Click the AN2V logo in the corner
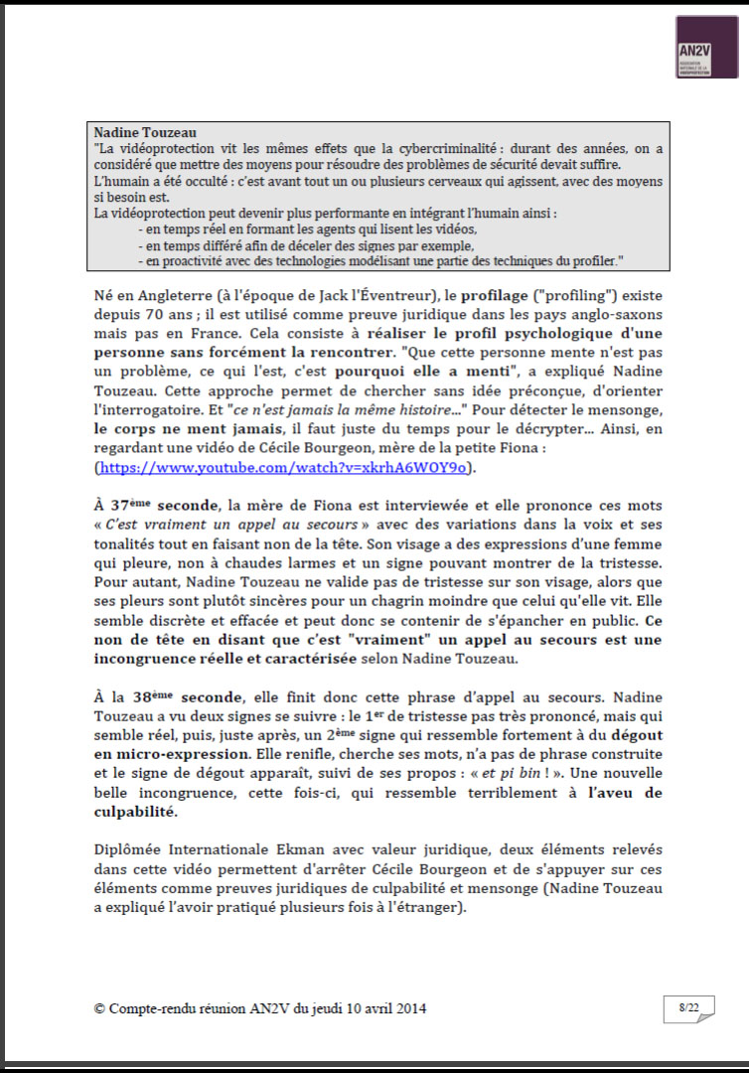[706, 47]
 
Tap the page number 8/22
[688, 1008]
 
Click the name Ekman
[283, 850]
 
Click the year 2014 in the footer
[411, 1007]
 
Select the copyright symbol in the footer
[99, 1007]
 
